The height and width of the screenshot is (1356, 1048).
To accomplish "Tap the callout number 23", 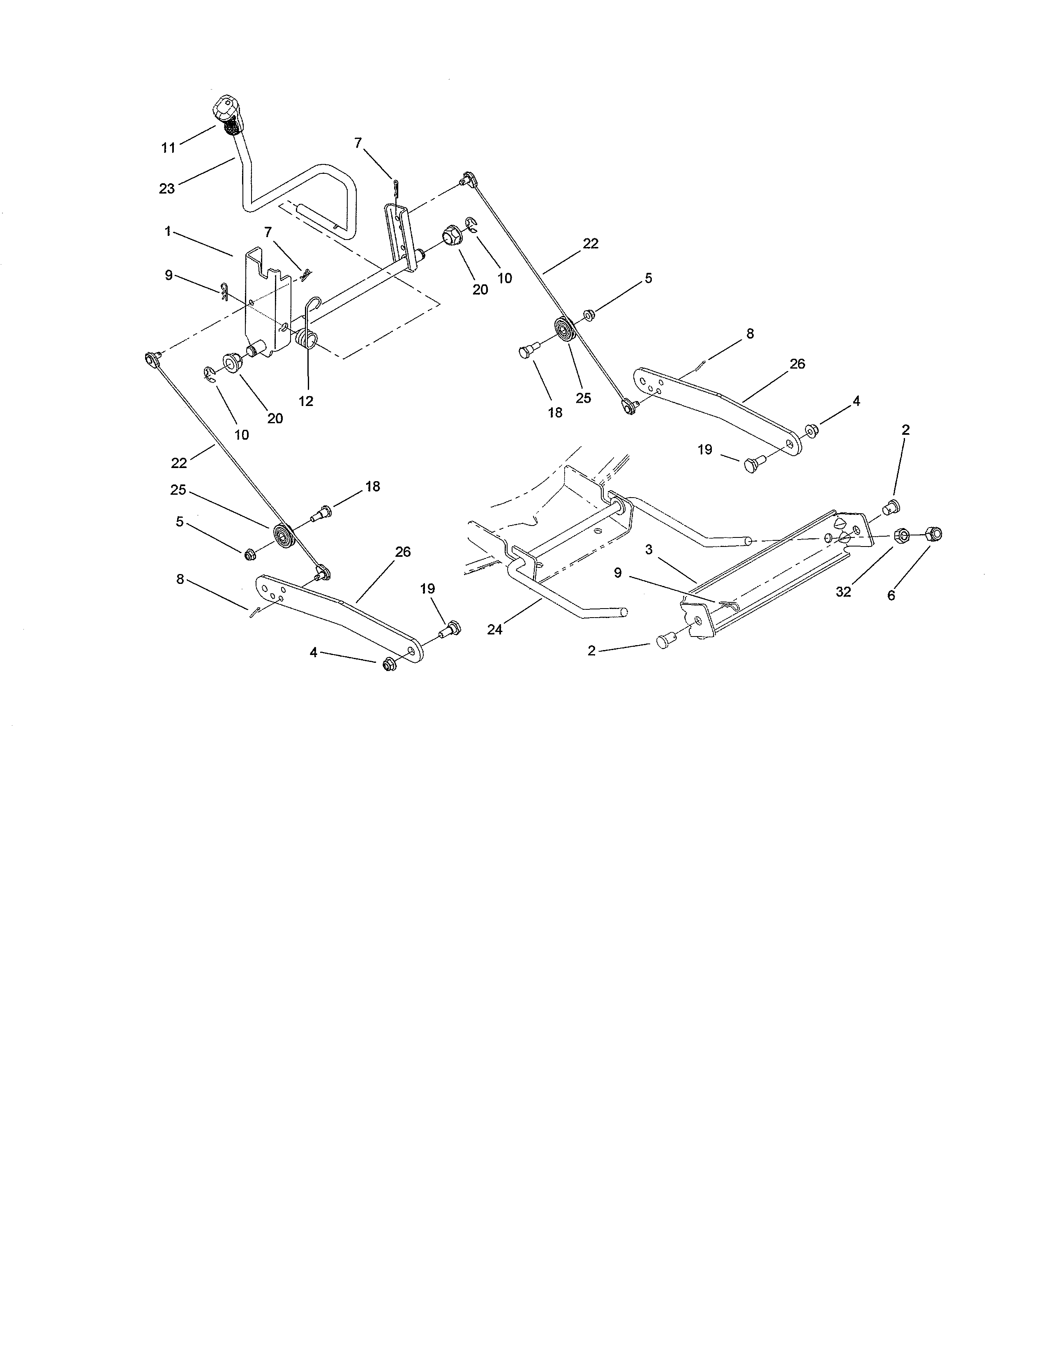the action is coord(167,188).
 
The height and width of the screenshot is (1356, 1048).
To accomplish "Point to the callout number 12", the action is coord(306,401).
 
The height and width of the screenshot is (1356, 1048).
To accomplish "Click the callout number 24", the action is coord(495,630).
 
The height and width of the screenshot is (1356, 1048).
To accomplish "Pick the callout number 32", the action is coord(843,592).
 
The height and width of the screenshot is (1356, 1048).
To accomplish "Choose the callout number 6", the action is coord(891,595).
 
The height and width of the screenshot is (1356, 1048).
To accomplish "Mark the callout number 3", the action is coord(649,549).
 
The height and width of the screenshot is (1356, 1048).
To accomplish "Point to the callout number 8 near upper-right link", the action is coord(750,333).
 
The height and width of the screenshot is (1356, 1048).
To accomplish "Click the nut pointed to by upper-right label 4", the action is coord(811,430).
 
